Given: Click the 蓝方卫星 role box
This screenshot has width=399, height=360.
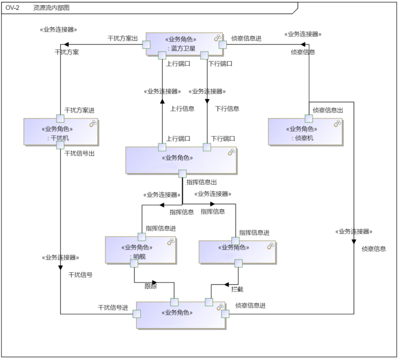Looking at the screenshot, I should [184, 44].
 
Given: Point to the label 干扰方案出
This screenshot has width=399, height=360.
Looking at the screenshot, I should [122, 38].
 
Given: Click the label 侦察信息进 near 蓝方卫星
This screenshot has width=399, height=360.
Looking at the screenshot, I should [246, 38].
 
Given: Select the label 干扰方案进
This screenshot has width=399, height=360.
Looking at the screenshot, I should [79, 110].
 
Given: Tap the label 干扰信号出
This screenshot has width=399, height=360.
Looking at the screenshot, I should [79, 153].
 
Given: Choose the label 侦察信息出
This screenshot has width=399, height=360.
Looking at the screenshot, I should [328, 110].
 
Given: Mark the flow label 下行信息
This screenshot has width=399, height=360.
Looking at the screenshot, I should [227, 108].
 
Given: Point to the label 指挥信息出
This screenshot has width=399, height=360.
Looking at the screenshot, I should [201, 182].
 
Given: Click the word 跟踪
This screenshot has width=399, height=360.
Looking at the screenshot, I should [150, 286].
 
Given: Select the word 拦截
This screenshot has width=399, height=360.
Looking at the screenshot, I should [237, 289].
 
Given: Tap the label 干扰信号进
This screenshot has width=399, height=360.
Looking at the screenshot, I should [113, 307].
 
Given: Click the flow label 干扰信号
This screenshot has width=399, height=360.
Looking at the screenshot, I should [80, 275].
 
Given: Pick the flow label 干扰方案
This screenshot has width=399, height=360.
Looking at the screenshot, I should [67, 52].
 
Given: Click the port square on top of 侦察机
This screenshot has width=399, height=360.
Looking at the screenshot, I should [309, 118].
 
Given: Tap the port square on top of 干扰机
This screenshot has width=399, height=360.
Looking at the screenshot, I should [60, 118].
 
